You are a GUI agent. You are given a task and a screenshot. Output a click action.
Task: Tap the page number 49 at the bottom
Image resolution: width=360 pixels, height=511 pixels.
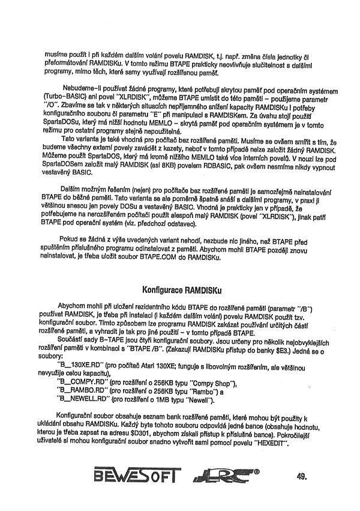pyautogui.click(x=301, y=478)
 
